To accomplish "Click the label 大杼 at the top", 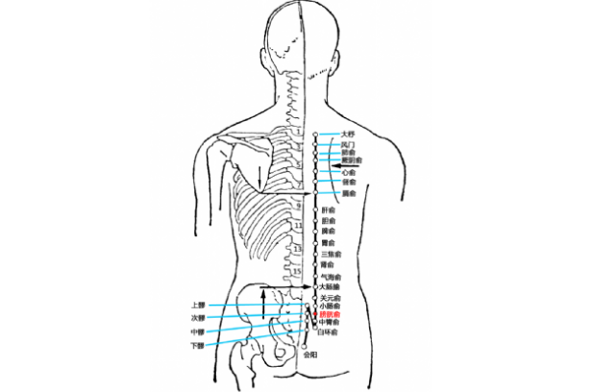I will click(348, 134).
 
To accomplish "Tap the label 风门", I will click(347, 144).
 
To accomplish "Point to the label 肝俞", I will click(329, 209).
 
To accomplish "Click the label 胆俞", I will click(329, 221).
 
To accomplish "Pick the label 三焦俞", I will click(331, 254).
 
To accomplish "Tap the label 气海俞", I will click(331, 277).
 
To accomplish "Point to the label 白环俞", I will click(329, 331).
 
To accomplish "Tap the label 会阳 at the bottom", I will click(309, 355).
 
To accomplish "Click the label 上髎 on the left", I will click(198, 305).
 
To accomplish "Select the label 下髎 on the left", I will click(198, 345).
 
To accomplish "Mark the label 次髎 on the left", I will click(198, 318).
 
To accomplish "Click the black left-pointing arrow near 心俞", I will click(337, 167).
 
